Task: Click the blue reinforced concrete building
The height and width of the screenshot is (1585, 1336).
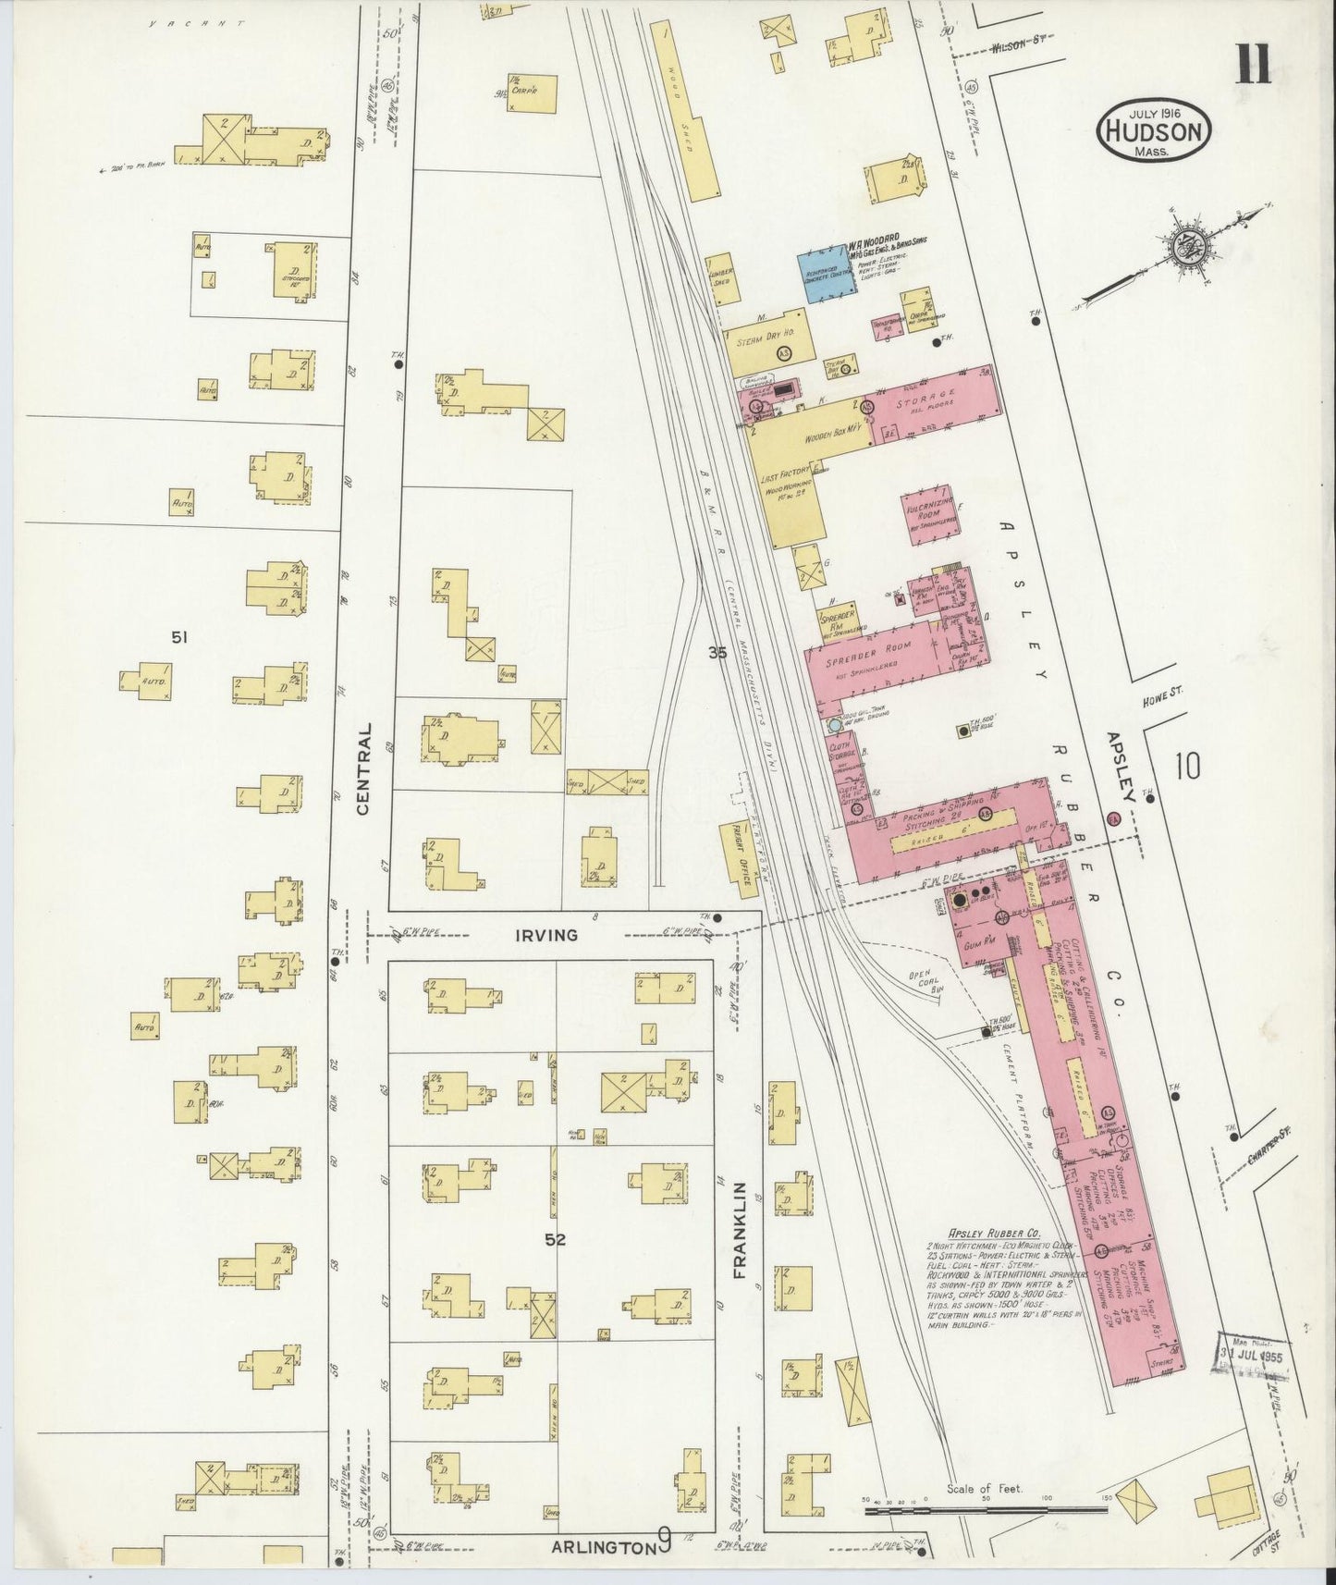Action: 826,275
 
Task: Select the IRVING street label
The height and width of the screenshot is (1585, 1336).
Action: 546,935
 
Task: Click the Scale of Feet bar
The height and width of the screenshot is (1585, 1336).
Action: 986,1510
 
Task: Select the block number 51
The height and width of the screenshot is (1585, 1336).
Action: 179,636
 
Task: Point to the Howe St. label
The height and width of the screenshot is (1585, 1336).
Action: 1163,692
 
